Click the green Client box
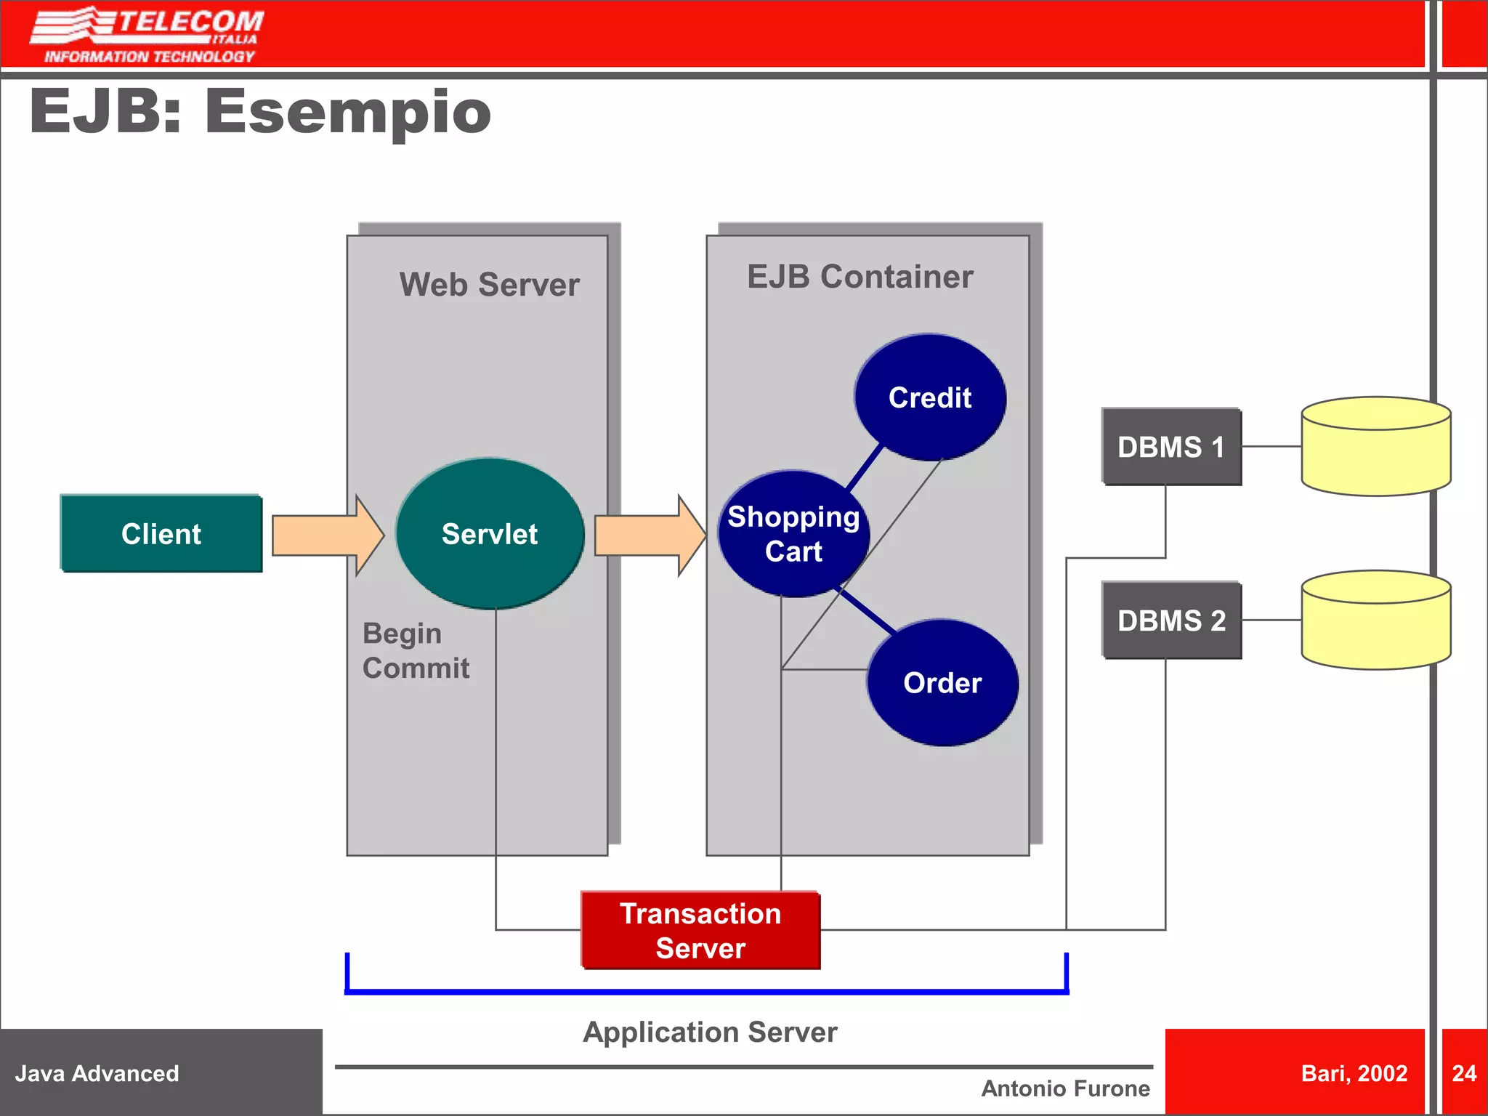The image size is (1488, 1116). point(161,534)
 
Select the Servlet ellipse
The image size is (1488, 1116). point(490,534)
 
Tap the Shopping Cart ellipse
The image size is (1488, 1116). point(793,534)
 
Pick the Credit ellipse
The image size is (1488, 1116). point(930,397)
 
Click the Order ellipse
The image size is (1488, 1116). point(942,683)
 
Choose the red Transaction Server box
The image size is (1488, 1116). point(700,931)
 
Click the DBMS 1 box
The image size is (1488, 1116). point(1171,447)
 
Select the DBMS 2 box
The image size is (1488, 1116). point(1171,620)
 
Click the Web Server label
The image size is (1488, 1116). point(489,285)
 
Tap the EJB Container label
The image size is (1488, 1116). point(860,277)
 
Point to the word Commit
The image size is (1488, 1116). point(416,668)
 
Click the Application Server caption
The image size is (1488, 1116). point(710,1032)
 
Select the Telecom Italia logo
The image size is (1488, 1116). point(147,35)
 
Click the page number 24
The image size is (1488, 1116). point(1463,1073)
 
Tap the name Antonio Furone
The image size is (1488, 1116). point(1065,1088)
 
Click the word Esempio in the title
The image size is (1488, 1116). point(347,113)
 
